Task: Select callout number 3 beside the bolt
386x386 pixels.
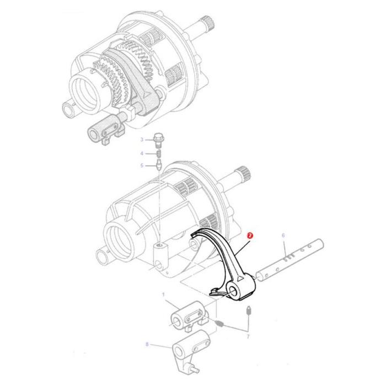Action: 141,141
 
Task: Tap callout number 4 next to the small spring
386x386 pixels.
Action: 141,153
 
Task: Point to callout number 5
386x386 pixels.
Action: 141,165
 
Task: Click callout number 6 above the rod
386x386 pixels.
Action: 283,235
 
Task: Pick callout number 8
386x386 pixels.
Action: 147,344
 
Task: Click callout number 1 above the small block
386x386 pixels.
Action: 163,296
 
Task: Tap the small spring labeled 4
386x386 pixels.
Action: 158,153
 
